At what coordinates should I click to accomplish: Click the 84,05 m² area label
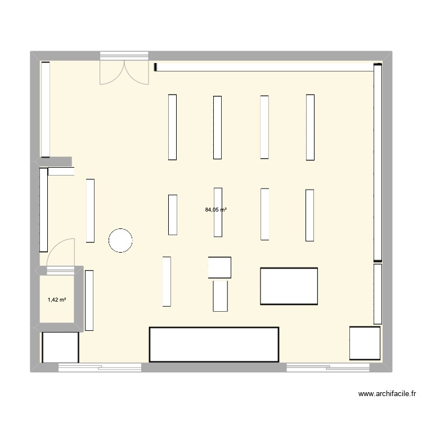coord(216,210)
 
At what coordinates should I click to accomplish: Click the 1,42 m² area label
coord(57,300)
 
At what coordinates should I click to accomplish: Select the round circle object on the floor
coord(120,240)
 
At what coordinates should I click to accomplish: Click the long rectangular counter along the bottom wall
coord(214,344)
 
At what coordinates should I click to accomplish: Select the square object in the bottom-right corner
coord(365,343)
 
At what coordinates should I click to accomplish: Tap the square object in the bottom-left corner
coord(60,348)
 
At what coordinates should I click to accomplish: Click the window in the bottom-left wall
coord(100,368)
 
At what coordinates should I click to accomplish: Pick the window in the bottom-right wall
coord(328,368)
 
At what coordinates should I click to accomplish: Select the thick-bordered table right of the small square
coord(289,286)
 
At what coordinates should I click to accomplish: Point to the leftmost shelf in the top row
coord(172,127)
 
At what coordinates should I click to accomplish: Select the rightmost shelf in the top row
coord(310,127)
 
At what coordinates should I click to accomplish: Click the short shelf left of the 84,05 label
coord(173,214)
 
